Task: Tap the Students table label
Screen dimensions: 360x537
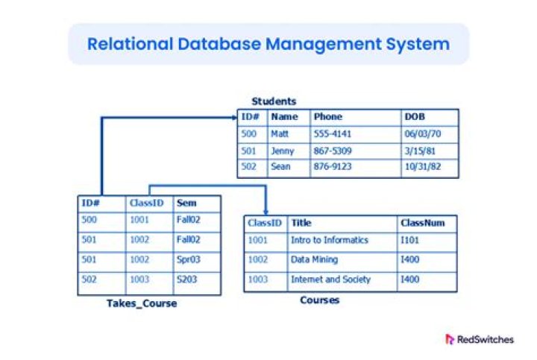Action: (x=274, y=101)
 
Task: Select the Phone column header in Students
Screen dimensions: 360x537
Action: (x=327, y=117)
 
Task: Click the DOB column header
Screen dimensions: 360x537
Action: (x=415, y=117)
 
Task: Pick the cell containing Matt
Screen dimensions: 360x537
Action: (x=280, y=134)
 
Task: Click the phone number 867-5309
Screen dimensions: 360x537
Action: (x=333, y=151)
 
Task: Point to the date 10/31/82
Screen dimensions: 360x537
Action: (x=422, y=167)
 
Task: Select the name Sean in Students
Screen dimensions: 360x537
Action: (x=280, y=167)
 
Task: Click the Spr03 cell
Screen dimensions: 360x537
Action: (x=188, y=260)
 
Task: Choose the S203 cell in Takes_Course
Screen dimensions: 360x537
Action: (x=187, y=280)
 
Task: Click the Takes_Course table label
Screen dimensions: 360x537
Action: (x=141, y=303)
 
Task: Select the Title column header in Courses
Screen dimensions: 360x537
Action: (x=301, y=223)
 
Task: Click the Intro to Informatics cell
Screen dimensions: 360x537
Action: (x=330, y=241)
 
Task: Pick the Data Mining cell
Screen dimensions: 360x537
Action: (x=314, y=260)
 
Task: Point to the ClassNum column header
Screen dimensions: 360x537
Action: (x=423, y=223)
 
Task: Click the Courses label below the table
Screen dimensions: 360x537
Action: (x=319, y=300)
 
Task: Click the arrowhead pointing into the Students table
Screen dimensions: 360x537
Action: (x=233, y=117)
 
